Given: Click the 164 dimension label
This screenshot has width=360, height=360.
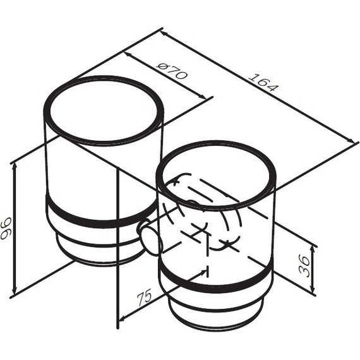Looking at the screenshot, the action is (x=263, y=82).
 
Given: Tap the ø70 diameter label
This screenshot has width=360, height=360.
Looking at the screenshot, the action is (x=172, y=71).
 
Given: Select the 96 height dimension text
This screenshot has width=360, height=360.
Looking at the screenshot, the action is (x=6, y=228).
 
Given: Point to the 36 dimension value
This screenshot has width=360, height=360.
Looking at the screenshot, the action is (x=304, y=267).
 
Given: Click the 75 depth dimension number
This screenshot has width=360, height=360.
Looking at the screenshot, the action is (x=145, y=297).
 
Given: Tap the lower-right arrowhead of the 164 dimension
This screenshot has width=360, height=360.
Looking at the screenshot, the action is (x=351, y=140).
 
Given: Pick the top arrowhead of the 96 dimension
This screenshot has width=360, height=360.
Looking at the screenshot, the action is (x=15, y=167).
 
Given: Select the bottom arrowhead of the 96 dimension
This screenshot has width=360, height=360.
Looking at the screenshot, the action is (x=15, y=290).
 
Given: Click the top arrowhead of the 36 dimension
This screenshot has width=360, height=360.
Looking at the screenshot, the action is (x=313, y=249).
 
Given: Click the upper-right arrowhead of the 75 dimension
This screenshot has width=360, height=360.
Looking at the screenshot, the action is (x=203, y=272).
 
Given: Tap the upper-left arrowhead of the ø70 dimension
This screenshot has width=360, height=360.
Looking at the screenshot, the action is (x=128, y=56).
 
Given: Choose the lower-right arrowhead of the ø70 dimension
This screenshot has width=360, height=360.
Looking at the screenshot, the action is (x=202, y=97).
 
